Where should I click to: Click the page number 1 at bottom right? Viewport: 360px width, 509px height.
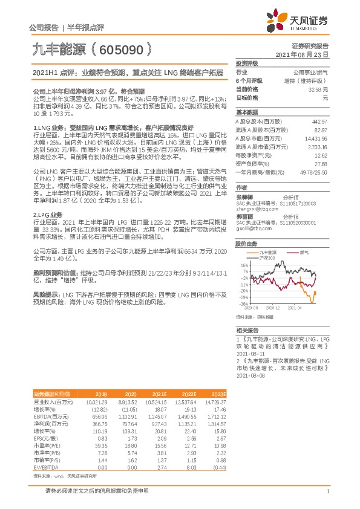pos(327,491)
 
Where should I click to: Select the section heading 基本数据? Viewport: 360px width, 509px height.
pos(246,113)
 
